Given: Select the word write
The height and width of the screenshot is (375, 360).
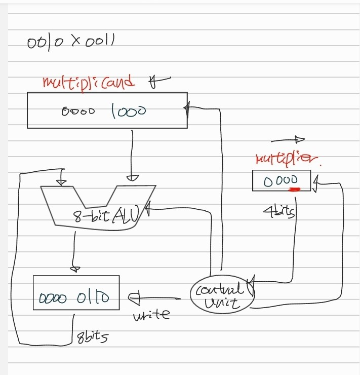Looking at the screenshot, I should pos(151,315).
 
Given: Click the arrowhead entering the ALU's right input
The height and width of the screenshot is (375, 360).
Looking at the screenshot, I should pos(132,178).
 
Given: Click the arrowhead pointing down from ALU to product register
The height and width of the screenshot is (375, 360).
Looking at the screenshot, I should pos(75,267).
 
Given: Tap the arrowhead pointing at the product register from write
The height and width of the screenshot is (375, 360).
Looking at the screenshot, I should pos(134,298).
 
